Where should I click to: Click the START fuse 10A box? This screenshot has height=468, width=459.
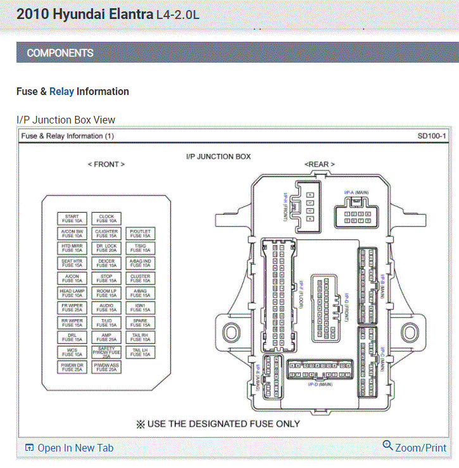tap(72, 218)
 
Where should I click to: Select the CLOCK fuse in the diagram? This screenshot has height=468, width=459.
tap(106, 218)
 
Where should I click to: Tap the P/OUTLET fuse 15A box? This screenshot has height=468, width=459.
tap(141, 234)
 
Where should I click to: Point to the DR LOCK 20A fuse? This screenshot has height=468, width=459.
tap(106, 248)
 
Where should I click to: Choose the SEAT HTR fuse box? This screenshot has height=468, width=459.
tap(72, 262)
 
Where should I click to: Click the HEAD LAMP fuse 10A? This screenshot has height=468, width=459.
tap(72, 293)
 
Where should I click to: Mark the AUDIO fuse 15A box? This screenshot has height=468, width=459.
tap(106, 307)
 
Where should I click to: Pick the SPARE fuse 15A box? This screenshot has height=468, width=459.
tap(141, 322)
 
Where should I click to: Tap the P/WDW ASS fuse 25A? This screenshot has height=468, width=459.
tap(106, 367)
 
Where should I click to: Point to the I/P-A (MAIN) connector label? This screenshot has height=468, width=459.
tap(356, 192)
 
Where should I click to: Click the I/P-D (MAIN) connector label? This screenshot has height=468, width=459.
tap(320, 384)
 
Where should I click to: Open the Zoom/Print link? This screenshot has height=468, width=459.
tap(415, 447)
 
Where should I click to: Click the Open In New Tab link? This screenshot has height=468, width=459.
tap(69, 448)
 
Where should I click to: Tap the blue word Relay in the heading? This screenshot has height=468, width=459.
tap(61, 91)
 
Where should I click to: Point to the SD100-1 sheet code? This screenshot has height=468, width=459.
tap(432, 136)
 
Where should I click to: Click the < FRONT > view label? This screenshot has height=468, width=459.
tap(106, 164)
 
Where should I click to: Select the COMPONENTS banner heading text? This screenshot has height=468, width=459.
tap(60, 53)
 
